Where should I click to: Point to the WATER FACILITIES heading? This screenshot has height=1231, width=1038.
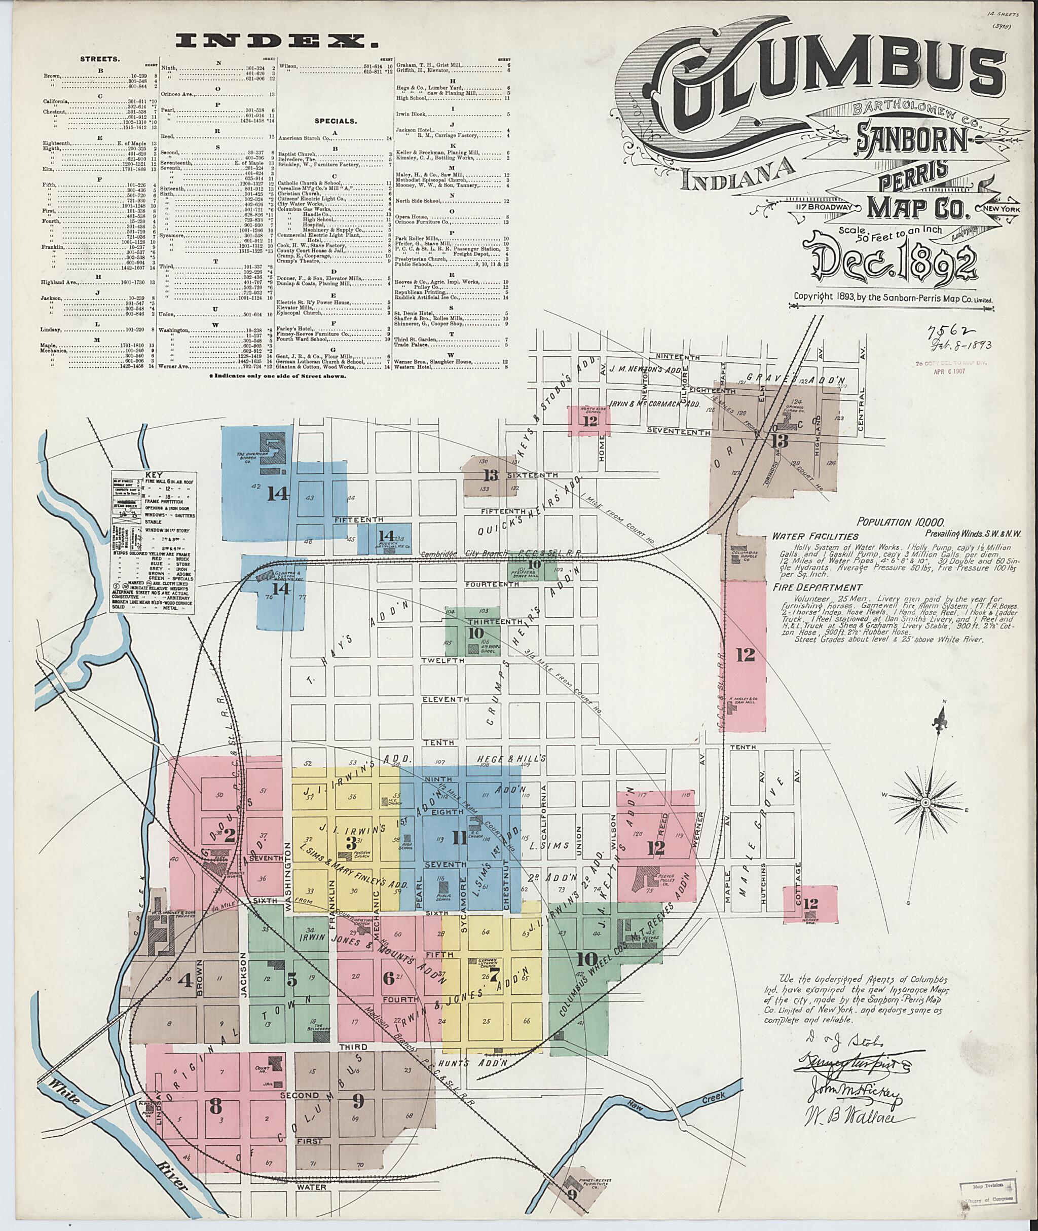click(x=807, y=537)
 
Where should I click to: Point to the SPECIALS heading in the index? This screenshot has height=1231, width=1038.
click(x=336, y=121)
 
